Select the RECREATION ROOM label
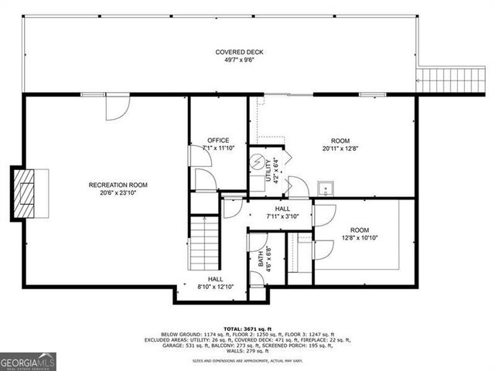pyautogui.click(x=118, y=185)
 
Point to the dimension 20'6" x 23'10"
pyautogui.click(x=118, y=192)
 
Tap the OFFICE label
pyautogui.click(x=217, y=140)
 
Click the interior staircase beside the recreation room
pyautogui.click(x=205, y=240)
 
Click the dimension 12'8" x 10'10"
pyautogui.click(x=360, y=238)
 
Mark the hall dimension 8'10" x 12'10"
pyautogui.click(x=215, y=287)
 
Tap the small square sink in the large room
pyautogui.click(x=326, y=189)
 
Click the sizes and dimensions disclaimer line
pyautogui.click(x=247, y=361)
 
